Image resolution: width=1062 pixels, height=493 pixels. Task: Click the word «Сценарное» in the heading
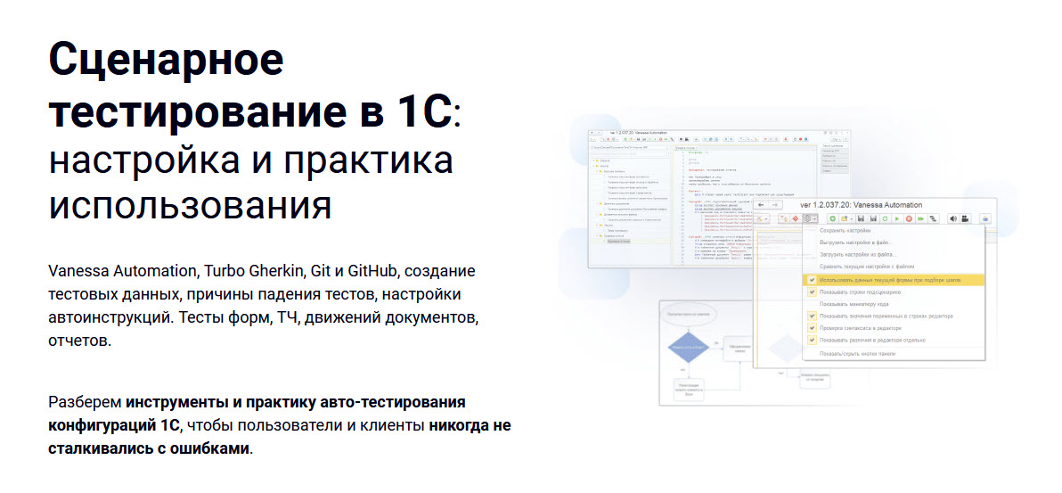click(x=167, y=61)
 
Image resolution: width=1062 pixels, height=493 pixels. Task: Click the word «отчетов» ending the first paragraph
click(x=79, y=341)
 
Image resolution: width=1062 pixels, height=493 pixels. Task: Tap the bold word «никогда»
click(x=470, y=425)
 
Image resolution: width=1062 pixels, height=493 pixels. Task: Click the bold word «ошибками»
click(x=206, y=448)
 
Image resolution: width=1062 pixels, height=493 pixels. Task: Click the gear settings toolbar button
click(x=809, y=218)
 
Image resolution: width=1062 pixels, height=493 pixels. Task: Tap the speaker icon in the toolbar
click(x=952, y=218)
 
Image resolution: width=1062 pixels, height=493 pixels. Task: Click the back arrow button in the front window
click(x=763, y=204)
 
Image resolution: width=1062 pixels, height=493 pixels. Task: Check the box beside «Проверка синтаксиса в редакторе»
click(x=812, y=328)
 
